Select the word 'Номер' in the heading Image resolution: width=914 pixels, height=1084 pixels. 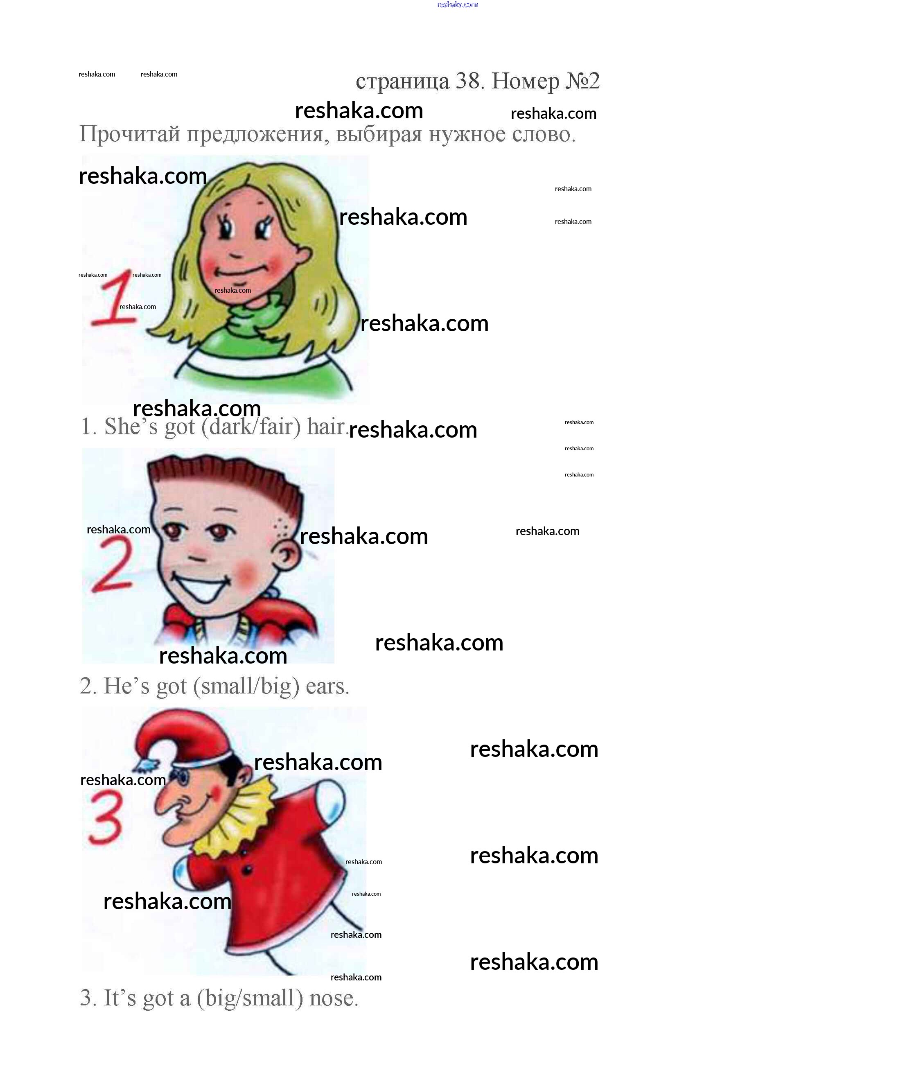(526, 81)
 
